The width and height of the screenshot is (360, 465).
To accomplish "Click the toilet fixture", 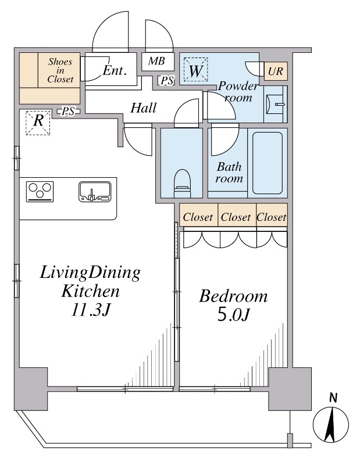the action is pos(182,183).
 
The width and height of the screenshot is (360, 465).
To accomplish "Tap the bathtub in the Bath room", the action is pos(268,163).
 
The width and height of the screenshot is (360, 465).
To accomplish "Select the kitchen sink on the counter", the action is pos(95,192).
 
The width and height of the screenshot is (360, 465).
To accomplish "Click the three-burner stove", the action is pos(40,192).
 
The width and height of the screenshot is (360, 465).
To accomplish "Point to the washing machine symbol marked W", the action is pos(195,70).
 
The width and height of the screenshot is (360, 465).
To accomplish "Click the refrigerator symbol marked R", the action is pos(38,123).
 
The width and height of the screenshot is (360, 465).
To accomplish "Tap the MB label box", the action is pos(157,62).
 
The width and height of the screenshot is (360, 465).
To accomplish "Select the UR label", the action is pos(276,71).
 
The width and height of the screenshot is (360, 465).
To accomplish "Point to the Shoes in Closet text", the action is pos(60,70).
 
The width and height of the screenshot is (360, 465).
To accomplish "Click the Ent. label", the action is pos(115,70).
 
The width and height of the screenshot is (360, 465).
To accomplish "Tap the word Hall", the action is pos(143,108).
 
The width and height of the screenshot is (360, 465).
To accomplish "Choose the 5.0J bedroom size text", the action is pos(233,315).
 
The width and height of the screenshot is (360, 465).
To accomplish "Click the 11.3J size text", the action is pos(91,310).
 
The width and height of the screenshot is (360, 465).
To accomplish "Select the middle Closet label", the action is pos(236,217).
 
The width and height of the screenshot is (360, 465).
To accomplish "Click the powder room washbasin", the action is pos(276,104).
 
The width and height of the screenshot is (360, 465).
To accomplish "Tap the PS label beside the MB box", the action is pos(167,80).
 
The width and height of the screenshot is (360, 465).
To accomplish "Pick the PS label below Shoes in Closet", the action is pos(68,112).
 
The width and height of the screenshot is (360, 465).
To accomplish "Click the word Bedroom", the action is pos(233,296).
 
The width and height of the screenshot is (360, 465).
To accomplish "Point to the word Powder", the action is pos(238,86).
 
